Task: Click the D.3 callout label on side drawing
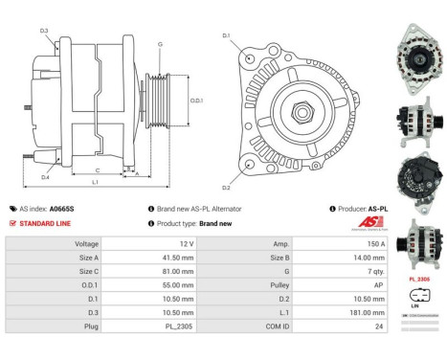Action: point(45,31)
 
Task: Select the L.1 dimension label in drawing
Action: point(95,181)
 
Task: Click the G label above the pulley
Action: point(160,44)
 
